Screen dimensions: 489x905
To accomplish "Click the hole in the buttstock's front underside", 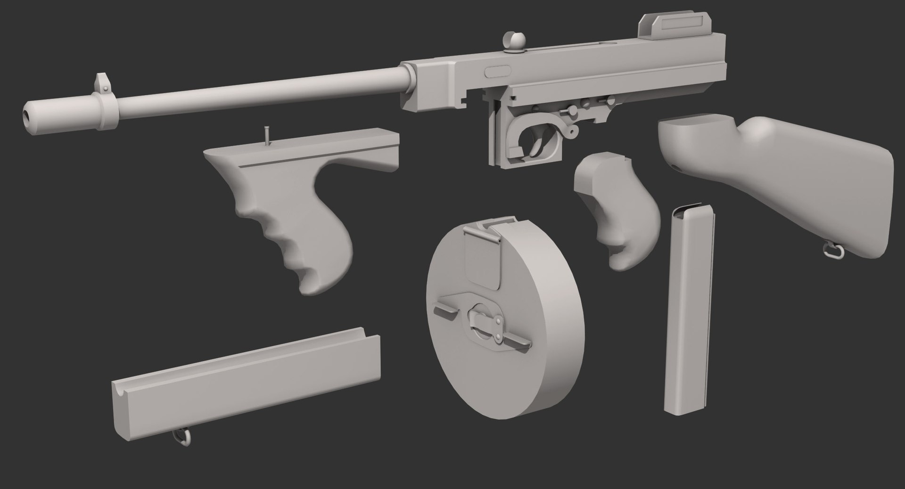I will pyautogui.click(x=677, y=168).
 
